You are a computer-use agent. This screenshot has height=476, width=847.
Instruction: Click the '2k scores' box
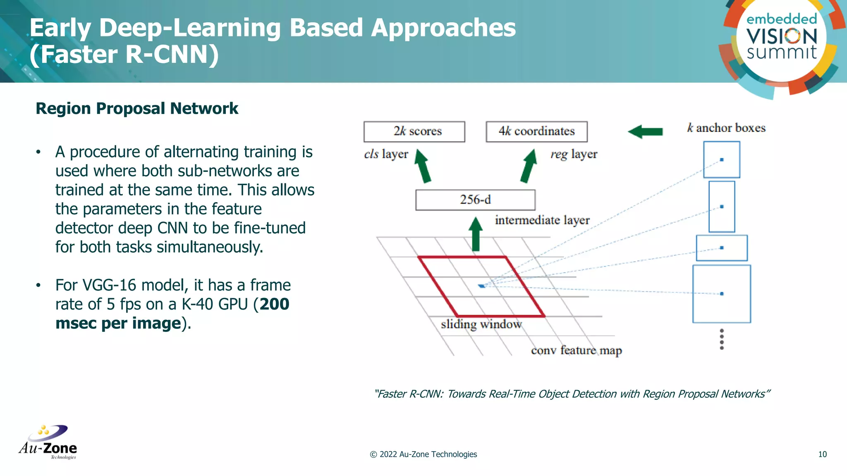[414, 131]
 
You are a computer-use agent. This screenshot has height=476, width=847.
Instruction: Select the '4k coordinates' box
[536, 131]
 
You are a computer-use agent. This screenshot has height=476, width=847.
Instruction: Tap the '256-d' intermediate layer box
[475, 200]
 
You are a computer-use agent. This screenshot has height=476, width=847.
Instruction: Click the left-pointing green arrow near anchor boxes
[645, 132]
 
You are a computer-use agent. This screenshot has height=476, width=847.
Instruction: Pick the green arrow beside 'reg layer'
[529, 166]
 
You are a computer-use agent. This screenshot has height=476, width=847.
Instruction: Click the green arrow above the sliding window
[476, 234]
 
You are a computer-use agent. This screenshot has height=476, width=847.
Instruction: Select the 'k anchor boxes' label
[726, 128]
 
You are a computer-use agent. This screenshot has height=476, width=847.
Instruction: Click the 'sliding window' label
[481, 324]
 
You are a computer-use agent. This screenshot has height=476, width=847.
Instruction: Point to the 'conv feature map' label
[576, 350]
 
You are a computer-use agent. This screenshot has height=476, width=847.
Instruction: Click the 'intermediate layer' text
[542, 220]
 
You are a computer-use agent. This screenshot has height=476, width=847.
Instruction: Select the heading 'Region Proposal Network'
[137, 109]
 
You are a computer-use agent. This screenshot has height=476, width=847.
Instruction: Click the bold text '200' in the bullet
[274, 304]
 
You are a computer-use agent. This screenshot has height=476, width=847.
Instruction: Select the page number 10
[822, 454]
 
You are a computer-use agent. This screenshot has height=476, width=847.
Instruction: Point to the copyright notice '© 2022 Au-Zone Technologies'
[423, 454]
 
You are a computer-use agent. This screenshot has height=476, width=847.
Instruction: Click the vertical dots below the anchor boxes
[722, 339]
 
